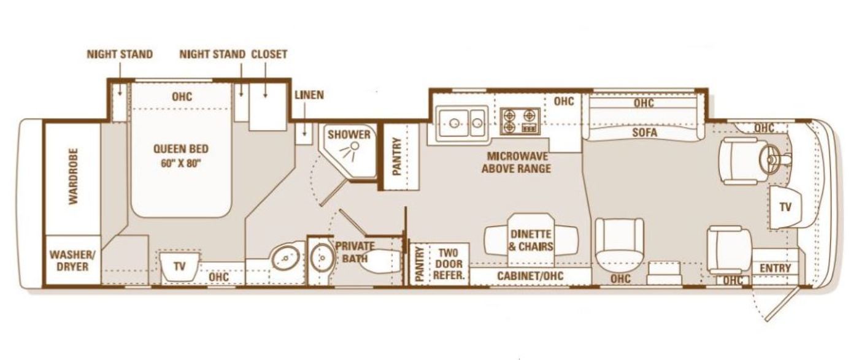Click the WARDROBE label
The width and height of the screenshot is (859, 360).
(73, 176)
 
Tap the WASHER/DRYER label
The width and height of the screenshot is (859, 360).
(72, 260)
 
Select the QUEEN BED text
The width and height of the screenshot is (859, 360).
(181, 149)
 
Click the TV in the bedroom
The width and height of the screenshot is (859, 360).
(179, 266)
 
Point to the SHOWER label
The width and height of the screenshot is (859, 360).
(349, 134)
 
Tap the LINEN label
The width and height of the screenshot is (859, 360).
(309, 94)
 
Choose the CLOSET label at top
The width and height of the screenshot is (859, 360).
(269, 55)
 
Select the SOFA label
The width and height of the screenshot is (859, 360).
(645, 132)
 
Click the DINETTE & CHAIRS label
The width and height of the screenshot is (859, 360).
(531, 240)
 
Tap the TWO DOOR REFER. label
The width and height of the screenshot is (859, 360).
(449, 264)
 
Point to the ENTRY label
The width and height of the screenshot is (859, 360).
(776, 269)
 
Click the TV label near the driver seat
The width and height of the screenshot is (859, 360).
(785, 207)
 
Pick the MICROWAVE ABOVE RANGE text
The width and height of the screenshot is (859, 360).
(517, 163)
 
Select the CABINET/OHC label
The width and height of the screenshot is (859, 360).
(530, 275)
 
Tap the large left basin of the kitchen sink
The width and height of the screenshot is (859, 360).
(454, 123)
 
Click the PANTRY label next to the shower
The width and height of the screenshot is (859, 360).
(397, 156)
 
